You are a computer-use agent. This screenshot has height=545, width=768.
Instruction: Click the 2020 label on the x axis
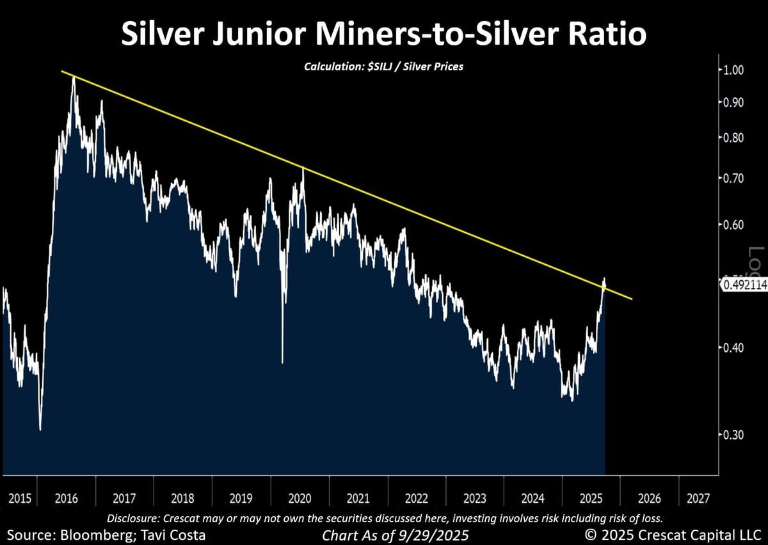pyautogui.click(x=300, y=498)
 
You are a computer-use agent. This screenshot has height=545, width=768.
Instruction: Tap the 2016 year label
pyautogui.click(x=66, y=498)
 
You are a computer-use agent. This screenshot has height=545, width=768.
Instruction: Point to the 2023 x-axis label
pyautogui.click(x=474, y=498)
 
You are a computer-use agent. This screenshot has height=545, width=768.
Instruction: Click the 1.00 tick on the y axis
pyautogui.click(x=733, y=70)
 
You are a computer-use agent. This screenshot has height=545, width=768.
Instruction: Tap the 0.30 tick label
pyautogui.click(x=733, y=434)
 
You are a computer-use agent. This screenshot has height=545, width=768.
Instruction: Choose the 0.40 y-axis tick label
pyautogui.click(x=733, y=348)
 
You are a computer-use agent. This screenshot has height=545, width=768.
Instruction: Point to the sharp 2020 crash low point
pyautogui.click(x=282, y=362)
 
